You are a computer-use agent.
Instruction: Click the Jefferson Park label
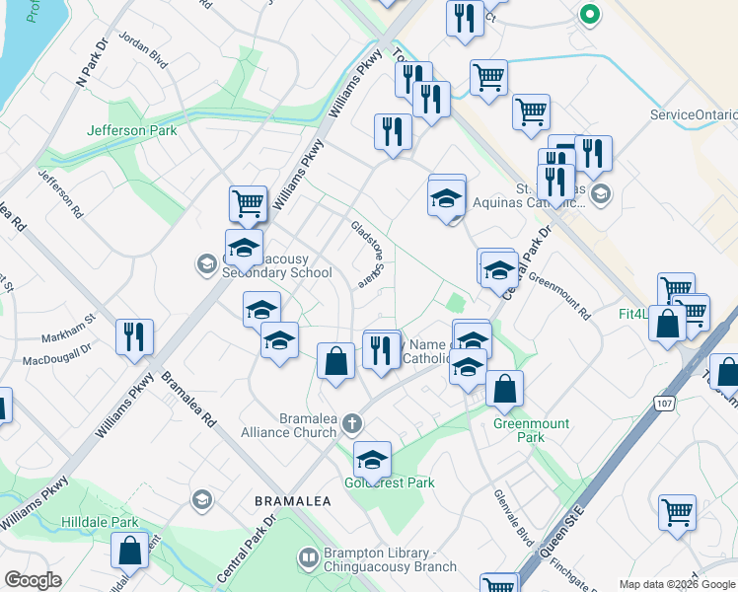[131, 130]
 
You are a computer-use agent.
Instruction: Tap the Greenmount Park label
[532, 430]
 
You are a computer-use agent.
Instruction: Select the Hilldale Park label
[97, 522]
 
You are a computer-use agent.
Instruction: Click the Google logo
[33, 580]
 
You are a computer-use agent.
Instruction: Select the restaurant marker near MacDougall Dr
[134, 336]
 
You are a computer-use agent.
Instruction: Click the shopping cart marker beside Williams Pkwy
[248, 204]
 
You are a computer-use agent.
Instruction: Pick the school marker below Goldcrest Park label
[372, 460]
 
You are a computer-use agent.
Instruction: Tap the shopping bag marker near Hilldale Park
[129, 552]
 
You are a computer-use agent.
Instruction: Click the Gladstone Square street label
[365, 254]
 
